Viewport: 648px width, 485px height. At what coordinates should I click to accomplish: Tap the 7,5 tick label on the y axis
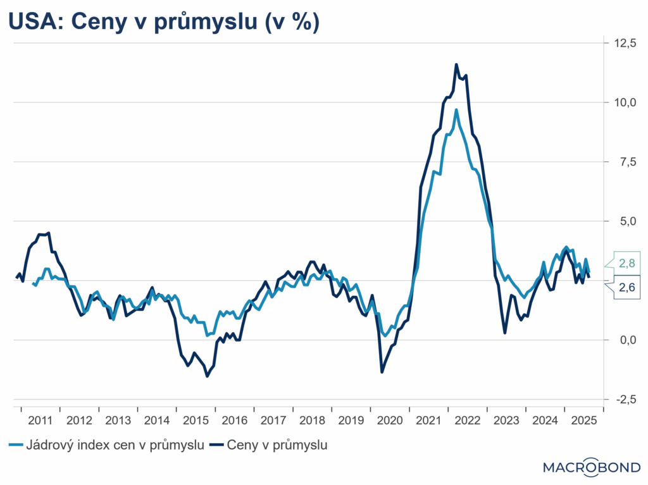(x=623, y=162)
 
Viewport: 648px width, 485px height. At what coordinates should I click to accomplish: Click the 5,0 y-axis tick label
(x=623, y=221)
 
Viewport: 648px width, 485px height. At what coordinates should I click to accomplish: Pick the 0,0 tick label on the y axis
(x=623, y=340)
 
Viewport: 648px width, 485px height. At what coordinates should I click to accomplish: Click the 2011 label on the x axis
(x=40, y=421)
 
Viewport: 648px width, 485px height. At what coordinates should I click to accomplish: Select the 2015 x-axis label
(x=196, y=421)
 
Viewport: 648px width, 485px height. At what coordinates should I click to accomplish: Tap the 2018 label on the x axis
(x=312, y=421)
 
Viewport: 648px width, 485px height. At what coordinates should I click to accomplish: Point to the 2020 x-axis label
(x=390, y=421)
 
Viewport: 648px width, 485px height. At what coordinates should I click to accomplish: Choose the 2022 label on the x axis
(x=468, y=421)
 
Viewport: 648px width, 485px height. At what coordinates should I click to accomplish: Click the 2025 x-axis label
(x=584, y=421)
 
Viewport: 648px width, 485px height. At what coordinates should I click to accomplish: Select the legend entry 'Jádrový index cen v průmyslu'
(x=107, y=446)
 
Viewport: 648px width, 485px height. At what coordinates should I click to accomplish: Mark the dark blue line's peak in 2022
(x=456, y=64)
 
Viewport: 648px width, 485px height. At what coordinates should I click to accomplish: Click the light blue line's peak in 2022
(x=456, y=110)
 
